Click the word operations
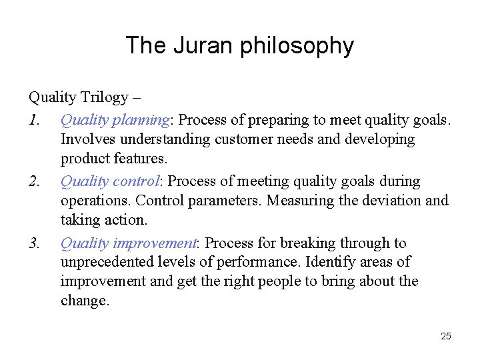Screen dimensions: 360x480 (94, 201)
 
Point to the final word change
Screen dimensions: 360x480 (83, 301)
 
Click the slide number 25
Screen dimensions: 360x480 (446, 336)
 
